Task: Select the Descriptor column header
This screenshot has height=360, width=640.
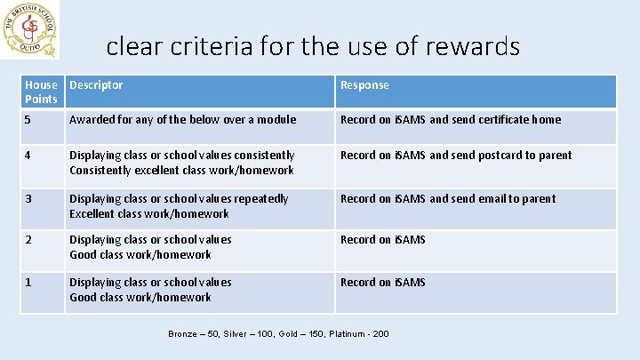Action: pos(96,85)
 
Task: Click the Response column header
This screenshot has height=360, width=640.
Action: pos(364,85)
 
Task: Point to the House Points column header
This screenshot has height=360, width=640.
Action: pos(42,92)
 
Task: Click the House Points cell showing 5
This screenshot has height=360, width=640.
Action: pos(29,120)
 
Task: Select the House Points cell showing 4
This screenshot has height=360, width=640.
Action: pos(29,156)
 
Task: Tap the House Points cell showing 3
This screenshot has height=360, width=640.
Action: pos(29,199)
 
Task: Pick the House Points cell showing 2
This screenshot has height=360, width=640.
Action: pos(29,240)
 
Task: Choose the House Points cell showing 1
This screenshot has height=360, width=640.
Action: pos(29,283)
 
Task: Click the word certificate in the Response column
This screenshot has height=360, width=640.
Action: pos(507,120)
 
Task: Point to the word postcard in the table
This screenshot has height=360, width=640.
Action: pos(502,156)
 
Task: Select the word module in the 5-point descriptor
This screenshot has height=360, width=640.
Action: pos(277,120)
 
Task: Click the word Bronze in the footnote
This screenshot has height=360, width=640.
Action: pos(184,334)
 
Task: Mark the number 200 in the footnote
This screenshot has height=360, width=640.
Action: pos(380,334)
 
